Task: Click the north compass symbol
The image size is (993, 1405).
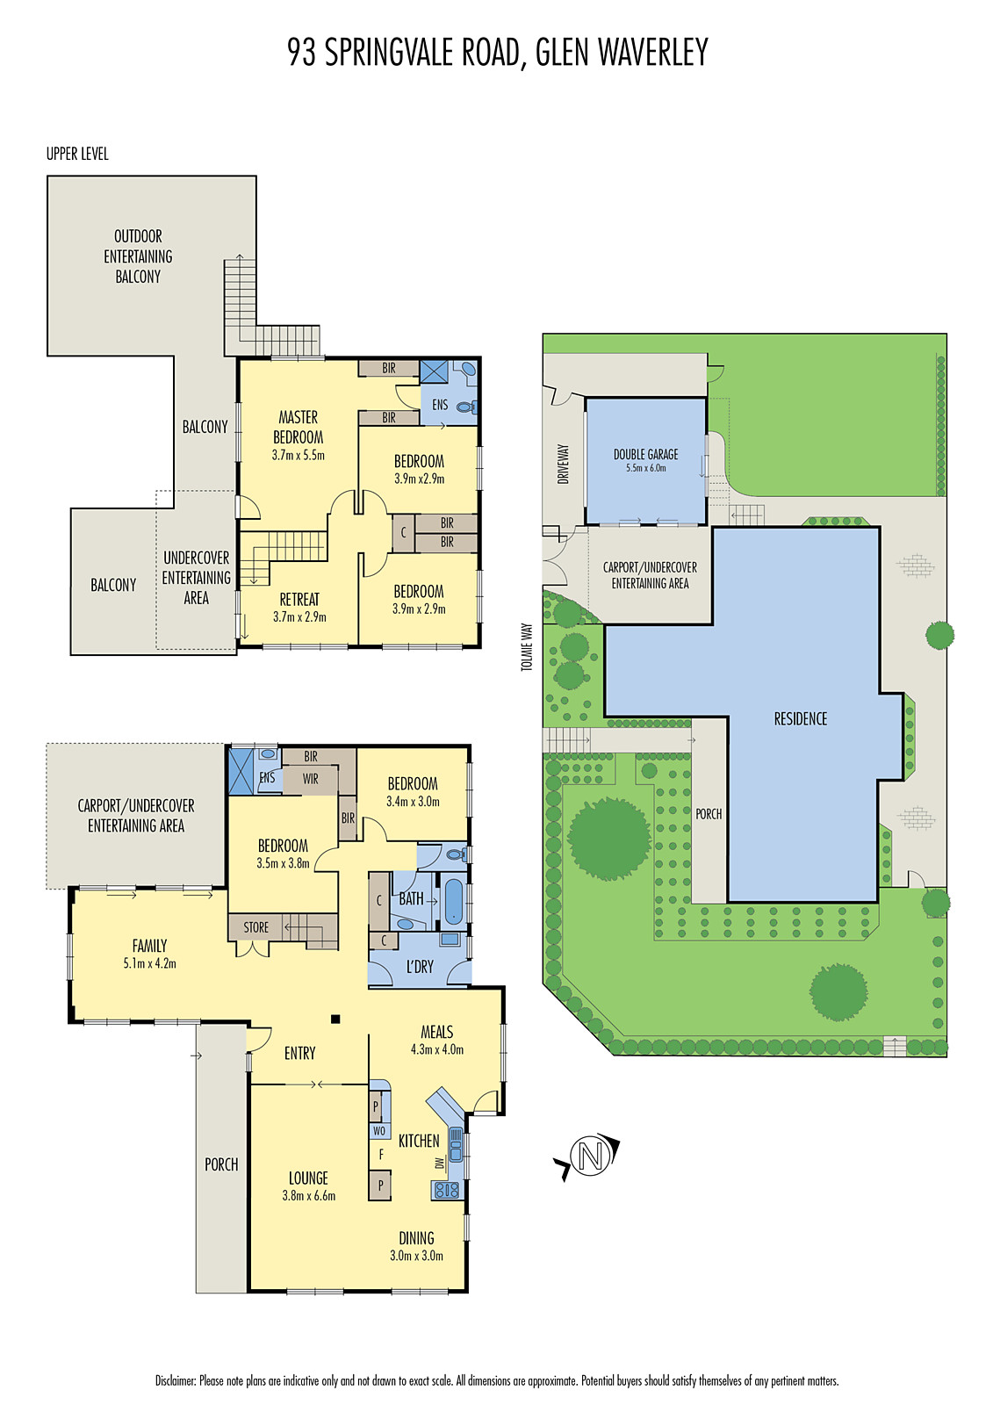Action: point(590,1156)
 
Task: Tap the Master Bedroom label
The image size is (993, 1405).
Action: point(299,427)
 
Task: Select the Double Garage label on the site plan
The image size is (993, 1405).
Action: point(645,454)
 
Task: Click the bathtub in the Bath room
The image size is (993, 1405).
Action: point(453,901)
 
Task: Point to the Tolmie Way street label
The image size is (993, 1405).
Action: point(527,647)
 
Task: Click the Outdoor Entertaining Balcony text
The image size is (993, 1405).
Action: point(138,256)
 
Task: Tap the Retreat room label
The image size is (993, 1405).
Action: point(299,599)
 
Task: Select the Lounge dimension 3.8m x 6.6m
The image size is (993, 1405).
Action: point(308,1195)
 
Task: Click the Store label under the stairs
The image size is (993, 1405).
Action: point(256,926)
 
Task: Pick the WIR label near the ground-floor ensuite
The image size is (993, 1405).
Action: point(311,778)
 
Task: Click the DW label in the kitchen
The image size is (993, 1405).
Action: point(439,1163)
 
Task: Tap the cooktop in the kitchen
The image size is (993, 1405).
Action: point(447,1190)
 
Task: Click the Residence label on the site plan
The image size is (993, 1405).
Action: point(800,718)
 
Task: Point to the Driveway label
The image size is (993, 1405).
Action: point(563,463)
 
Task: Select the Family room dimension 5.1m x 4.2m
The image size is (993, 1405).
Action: point(149,963)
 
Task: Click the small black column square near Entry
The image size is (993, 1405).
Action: point(335,1019)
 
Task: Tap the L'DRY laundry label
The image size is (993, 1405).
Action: point(420,966)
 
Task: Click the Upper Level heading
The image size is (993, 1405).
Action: point(77,154)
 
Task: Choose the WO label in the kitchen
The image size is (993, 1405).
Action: point(379,1130)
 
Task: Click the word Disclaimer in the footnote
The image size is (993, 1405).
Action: point(176,1380)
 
